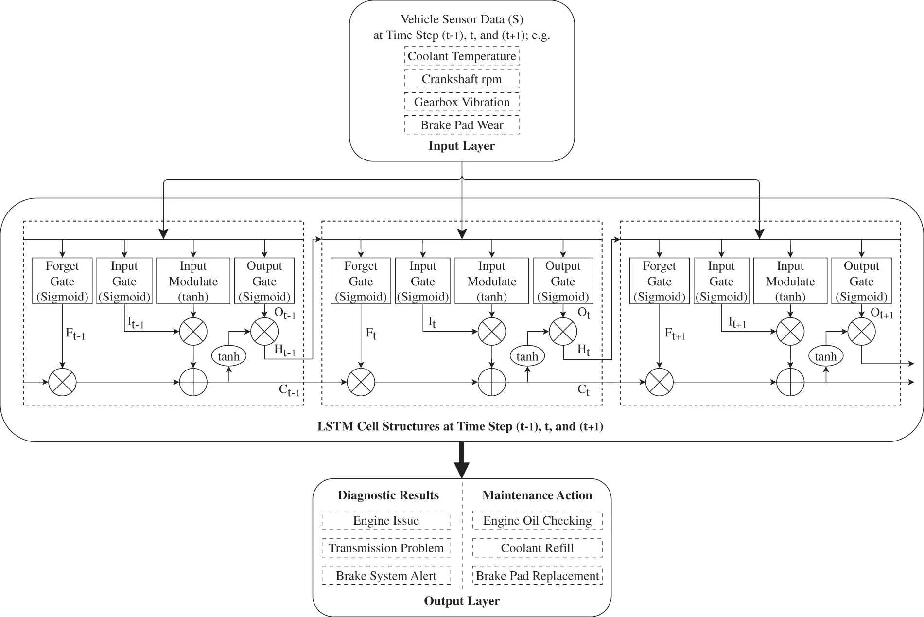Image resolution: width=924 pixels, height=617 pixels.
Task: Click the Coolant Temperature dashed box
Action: click(462, 56)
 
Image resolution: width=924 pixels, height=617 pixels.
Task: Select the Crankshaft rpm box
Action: click(462, 79)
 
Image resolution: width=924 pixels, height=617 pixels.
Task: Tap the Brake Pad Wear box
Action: click(462, 125)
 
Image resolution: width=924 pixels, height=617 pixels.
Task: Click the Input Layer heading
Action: click(461, 146)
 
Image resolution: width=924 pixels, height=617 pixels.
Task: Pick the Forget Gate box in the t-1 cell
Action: click(62, 281)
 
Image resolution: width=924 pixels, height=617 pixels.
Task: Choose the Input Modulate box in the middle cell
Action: click(491, 281)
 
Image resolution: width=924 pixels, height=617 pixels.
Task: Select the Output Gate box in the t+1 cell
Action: click(861, 281)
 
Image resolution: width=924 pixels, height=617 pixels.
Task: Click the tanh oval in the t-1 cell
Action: click(228, 356)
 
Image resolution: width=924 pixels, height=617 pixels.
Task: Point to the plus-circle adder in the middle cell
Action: click(492, 382)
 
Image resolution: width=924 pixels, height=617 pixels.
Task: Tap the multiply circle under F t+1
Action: click(659, 382)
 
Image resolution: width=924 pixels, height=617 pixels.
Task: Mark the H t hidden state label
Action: click(583, 350)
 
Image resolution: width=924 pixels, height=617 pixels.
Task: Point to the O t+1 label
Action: click(882, 314)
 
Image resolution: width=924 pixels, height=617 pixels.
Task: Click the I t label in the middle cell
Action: click(432, 321)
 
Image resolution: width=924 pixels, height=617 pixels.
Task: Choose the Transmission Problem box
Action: click(386, 548)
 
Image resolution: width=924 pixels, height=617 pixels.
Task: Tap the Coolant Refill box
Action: click(537, 548)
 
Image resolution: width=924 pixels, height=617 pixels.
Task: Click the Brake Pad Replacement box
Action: click(537, 576)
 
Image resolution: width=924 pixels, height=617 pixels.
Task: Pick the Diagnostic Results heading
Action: click(388, 495)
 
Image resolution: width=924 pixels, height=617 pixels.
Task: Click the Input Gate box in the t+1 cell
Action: click(721, 281)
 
